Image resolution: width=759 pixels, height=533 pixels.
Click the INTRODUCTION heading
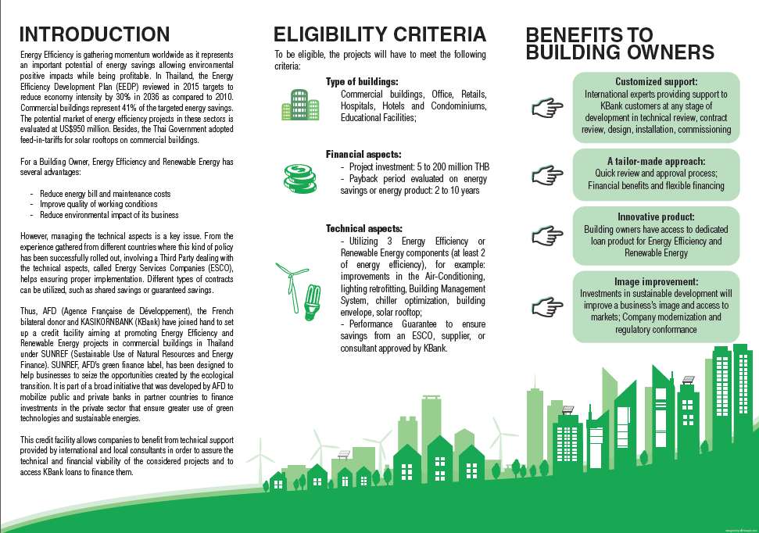click(94, 34)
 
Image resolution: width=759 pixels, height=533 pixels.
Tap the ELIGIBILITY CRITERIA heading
click(379, 34)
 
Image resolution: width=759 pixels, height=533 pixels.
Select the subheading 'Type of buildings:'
click(362, 82)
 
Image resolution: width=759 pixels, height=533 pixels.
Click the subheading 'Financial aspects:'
click(363, 155)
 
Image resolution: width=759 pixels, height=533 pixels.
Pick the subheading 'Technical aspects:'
click(364, 228)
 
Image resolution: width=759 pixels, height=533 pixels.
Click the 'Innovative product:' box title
click(656, 216)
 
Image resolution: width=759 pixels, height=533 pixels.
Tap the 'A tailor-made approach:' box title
click(656, 161)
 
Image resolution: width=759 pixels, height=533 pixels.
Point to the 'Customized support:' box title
click(656, 81)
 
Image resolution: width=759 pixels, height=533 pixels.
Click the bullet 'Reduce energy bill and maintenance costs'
click(104, 193)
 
